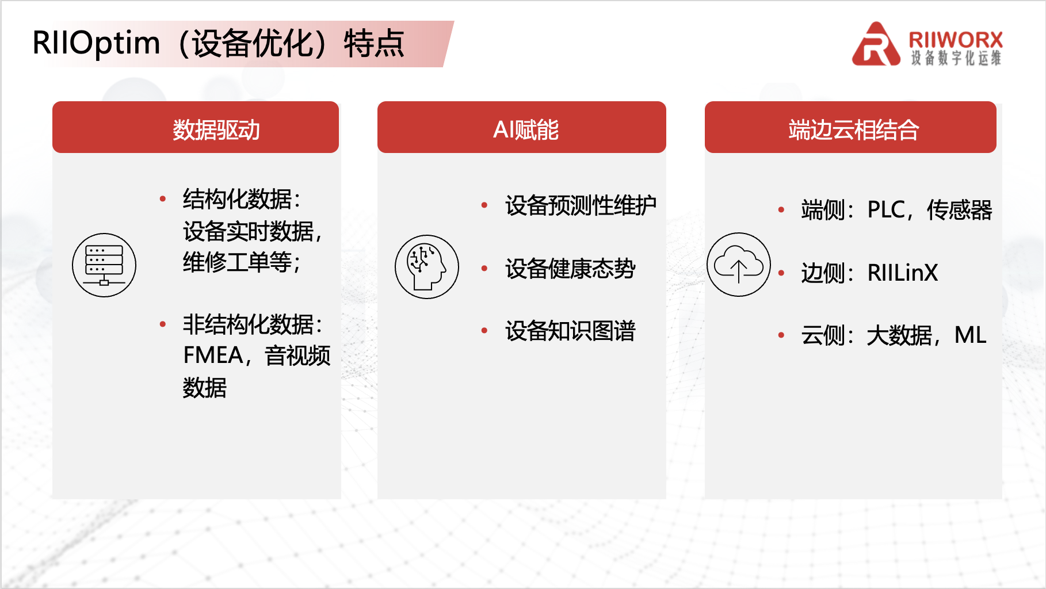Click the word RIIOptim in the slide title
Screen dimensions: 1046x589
click(x=96, y=43)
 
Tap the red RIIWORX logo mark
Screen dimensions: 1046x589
click(x=876, y=44)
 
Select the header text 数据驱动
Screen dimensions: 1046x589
click(x=216, y=130)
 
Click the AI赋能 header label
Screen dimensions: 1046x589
click(x=526, y=130)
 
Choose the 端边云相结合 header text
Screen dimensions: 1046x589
click(x=854, y=130)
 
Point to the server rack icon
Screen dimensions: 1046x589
click(x=104, y=265)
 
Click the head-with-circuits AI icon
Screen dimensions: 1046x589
click(x=427, y=267)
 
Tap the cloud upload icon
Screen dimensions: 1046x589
click(x=739, y=265)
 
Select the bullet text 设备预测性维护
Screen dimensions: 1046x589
click(x=581, y=205)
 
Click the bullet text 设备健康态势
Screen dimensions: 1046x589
click(x=570, y=269)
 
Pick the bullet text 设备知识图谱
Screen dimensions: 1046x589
click(x=570, y=331)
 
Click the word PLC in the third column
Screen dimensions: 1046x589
click(x=886, y=210)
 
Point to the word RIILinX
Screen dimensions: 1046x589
click(x=902, y=273)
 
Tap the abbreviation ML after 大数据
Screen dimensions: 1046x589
click(x=970, y=335)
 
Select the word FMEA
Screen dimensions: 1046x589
click(x=213, y=355)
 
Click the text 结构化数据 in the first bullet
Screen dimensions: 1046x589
click(x=238, y=199)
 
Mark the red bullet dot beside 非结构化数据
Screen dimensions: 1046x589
click(x=163, y=324)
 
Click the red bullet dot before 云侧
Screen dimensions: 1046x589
click(x=781, y=335)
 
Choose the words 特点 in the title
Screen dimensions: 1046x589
click(x=374, y=44)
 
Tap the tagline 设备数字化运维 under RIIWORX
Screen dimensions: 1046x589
click(x=956, y=58)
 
